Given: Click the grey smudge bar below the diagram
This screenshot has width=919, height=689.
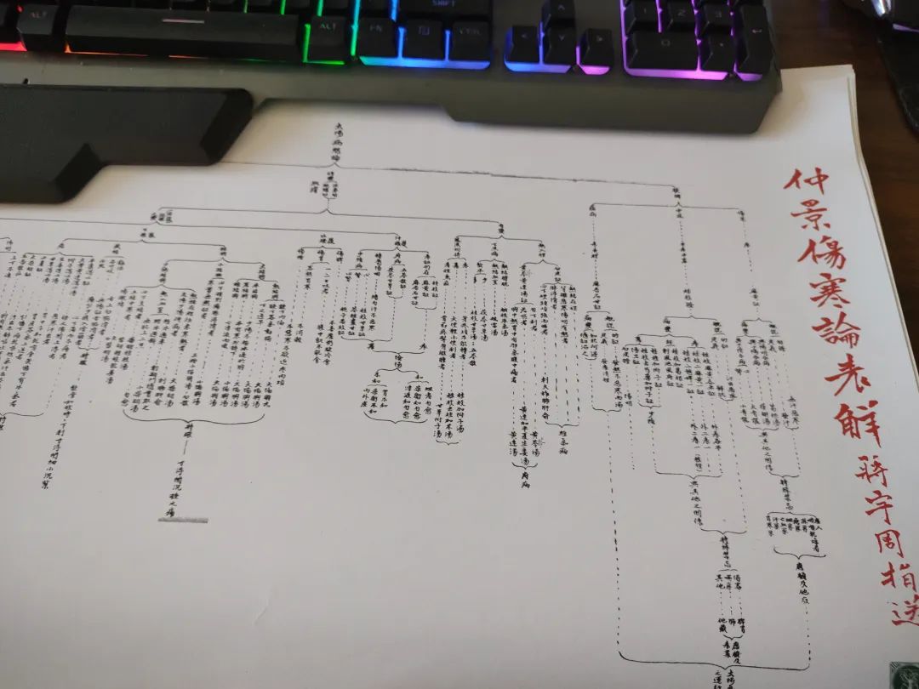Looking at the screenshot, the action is (x=183, y=519).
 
